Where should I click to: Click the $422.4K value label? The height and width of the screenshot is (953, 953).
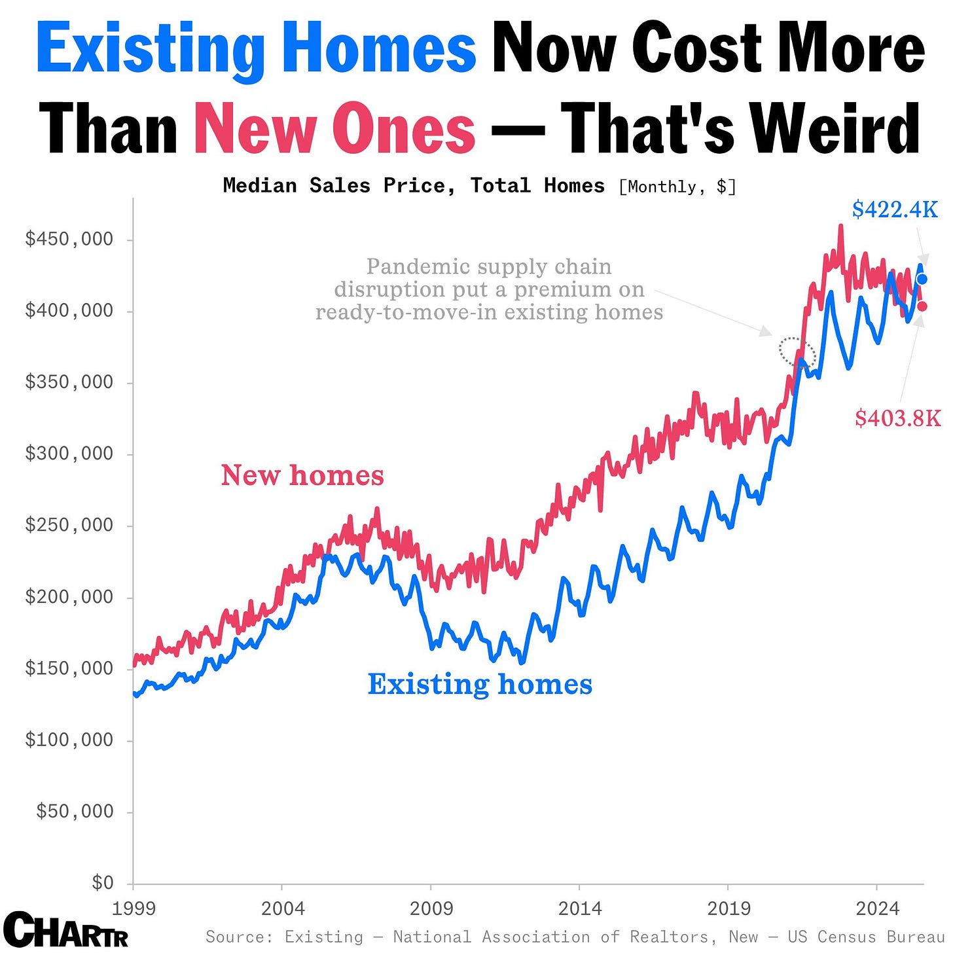894,209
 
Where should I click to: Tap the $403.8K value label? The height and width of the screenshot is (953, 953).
897,418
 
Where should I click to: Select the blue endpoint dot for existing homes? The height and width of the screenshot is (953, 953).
922,279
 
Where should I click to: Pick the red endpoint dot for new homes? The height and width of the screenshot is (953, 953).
922,306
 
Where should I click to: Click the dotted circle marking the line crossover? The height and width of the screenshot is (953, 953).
797,353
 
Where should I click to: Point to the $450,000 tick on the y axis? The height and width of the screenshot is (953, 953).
69,239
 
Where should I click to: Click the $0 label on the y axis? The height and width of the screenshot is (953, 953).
103,883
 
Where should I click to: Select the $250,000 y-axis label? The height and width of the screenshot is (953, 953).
69,525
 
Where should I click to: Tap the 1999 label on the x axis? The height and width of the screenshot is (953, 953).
134,908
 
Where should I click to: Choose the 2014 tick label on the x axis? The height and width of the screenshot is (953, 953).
579,908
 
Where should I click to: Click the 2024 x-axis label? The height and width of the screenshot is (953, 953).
877,908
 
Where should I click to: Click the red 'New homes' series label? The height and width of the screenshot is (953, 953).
302,475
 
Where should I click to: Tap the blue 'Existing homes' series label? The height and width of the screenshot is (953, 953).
480,684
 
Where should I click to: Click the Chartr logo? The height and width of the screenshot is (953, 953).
65,929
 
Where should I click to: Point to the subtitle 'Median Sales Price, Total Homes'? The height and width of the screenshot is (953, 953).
413,186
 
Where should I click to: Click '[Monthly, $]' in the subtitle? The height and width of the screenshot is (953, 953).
677,187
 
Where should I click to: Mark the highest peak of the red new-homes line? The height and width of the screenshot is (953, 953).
840,226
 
